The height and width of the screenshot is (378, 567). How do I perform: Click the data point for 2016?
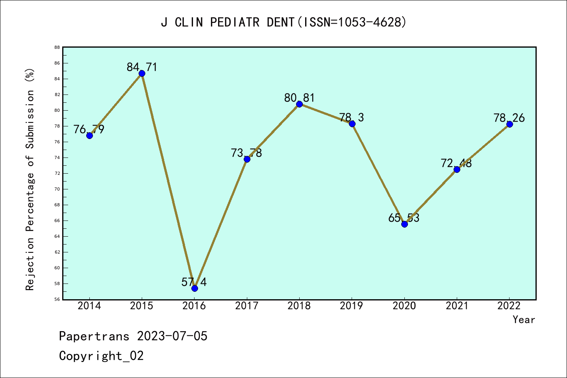click(195, 288)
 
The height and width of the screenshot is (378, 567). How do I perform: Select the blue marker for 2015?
click(142, 73)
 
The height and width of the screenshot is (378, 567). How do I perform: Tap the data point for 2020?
click(404, 224)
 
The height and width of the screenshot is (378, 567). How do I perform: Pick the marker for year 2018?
click(299, 104)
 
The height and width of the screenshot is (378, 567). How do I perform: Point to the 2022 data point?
click(510, 124)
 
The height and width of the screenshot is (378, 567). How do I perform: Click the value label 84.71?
click(142, 67)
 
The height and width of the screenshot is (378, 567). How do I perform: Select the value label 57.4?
click(194, 282)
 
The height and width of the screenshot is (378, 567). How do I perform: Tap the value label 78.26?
click(509, 118)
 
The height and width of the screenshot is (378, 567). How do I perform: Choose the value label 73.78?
click(246, 153)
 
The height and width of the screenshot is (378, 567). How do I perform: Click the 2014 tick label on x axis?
click(89, 306)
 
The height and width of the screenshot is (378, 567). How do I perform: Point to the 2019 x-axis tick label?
click(352, 306)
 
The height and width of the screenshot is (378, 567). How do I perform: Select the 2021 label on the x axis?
click(457, 306)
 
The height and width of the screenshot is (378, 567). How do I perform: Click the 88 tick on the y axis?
click(57, 47)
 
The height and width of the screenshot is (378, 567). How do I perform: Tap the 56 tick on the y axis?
click(57, 299)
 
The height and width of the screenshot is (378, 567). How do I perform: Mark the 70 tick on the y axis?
click(57, 189)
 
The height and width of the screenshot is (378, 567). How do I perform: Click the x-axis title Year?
click(524, 319)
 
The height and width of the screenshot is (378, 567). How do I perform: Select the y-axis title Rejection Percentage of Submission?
click(30, 180)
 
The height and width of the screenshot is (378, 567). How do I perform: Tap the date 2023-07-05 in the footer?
click(172, 336)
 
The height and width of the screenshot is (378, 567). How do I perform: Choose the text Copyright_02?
click(101, 356)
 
